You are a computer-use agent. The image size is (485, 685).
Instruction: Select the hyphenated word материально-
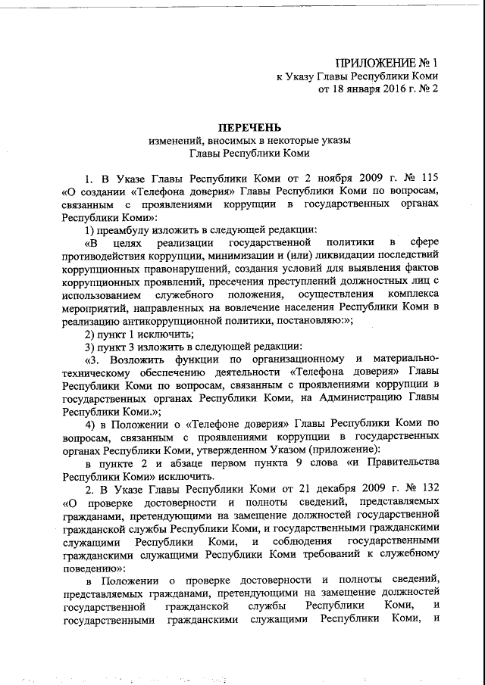point(402,358)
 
